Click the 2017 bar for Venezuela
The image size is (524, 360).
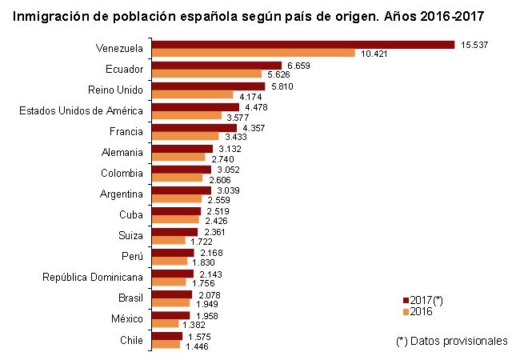coord(302,45)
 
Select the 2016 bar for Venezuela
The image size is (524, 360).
coord(253,54)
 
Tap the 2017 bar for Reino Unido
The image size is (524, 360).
coord(208,86)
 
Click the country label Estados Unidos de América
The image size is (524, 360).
coord(81,110)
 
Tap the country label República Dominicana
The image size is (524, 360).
coord(93,278)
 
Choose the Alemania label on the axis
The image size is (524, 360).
coord(122,152)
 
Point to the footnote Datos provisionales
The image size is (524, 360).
coord(452,341)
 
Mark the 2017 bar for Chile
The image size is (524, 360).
coord(167,336)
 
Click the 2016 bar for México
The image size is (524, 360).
coord(165,324)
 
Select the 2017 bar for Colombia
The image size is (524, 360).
coord(182,169)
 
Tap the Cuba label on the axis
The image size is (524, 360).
coord(130,215)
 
